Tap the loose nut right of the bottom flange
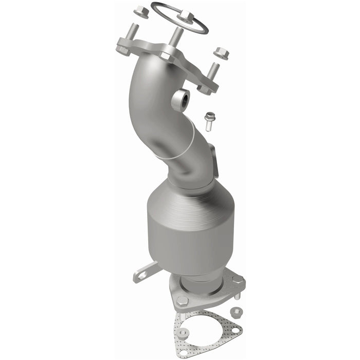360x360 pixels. click(x=237, y=311)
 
